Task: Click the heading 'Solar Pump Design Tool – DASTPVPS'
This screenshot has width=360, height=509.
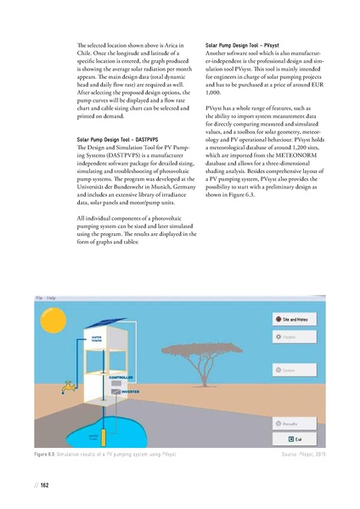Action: coord(115,138)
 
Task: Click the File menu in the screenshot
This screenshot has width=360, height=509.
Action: coord(39,298)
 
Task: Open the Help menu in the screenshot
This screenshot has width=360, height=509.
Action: coord(51,298)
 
